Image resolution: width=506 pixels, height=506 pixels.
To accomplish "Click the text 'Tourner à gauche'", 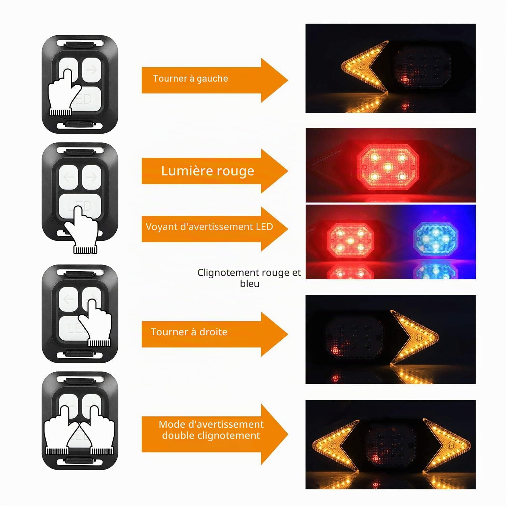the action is click(191, 79).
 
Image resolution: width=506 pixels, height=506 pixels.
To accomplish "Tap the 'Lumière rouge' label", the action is click(207, 171).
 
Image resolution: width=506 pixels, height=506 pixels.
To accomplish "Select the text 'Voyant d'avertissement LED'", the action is click(209, 227).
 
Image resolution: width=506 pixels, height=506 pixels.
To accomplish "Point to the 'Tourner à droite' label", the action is click(189, 332).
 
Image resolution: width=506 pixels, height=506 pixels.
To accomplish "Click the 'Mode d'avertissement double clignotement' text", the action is click(211, 430).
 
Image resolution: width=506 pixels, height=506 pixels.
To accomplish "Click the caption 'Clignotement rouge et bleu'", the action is click(249, 278).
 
